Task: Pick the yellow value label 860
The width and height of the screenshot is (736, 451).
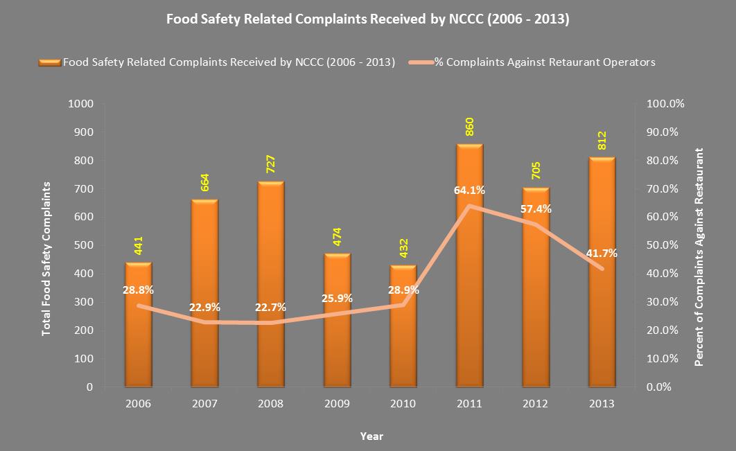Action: point(469,130)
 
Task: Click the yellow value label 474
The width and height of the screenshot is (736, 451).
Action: point(337,238)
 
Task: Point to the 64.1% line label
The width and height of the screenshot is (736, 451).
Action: point(469,190)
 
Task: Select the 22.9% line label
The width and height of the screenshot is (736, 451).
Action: point(204,307)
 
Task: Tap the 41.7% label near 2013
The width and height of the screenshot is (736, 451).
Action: point(600,254)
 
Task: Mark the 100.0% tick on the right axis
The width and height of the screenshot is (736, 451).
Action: point(665,104)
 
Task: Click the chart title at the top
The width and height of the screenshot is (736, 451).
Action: point(368,19)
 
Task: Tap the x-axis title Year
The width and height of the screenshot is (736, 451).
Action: point(371,436)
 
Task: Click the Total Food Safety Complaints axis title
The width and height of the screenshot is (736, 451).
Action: point(47,258)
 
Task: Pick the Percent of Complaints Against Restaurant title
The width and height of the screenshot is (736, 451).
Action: point(699,256)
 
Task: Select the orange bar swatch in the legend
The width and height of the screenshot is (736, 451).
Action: point(50,62)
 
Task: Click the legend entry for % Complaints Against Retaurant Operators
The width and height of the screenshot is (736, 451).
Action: point(544,62)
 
